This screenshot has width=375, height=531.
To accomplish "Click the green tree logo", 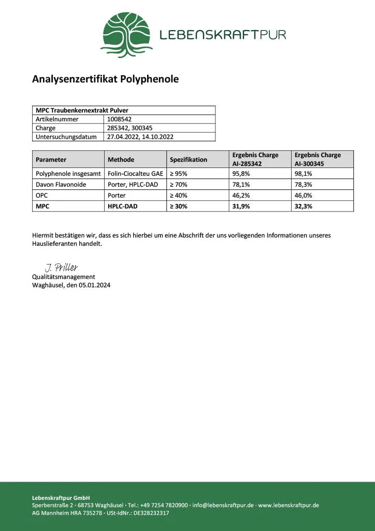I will (126, 35).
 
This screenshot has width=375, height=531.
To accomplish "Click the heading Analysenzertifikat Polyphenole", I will (105, 79).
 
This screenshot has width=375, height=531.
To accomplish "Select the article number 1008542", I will (119, 119).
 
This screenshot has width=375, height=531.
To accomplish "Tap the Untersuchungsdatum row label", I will (66, 137).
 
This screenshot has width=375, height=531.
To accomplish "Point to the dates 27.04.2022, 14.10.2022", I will (140, 137).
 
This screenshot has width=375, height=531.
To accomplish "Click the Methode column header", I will (121, 159).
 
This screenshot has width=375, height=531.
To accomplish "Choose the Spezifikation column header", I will (189, 159).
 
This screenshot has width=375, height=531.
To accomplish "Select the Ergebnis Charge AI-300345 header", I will (318, 159).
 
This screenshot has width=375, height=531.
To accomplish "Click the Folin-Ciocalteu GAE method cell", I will (135, 174).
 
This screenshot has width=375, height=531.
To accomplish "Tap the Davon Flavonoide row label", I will (61, 185).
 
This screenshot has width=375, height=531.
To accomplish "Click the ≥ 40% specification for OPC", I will (179, 195).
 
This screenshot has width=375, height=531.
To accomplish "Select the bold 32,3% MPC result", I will (304, 206).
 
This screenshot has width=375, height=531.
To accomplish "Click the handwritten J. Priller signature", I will (61, 268).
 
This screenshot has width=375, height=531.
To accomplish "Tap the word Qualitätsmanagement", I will (64, 277).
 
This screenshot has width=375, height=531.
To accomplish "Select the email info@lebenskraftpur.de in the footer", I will (223, 505).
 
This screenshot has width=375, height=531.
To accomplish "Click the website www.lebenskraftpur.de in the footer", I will (289, 505).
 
